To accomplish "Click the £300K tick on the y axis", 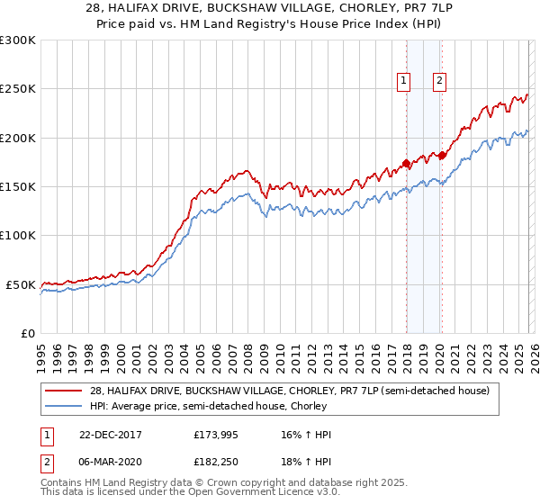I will [18, 40].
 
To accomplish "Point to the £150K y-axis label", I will [18, 187].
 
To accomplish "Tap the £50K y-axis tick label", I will [22, 284].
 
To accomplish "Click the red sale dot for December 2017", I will [406, 163].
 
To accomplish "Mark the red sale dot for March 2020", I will [442, 156].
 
